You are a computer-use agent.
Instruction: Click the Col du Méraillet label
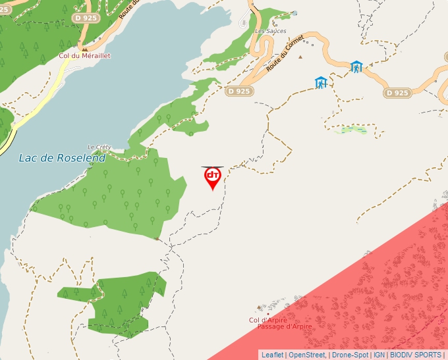pyautogui.click(x=84, y=56)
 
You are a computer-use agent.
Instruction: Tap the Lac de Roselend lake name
pyautogui.click(x=63, y=158)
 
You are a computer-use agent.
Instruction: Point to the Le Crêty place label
pyautogui.click(x=99, y=147)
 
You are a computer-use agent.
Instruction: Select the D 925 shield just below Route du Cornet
pyautogui.click(x=238, y=91)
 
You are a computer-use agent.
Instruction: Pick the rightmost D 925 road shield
pyautogui.click(x=397, y=93)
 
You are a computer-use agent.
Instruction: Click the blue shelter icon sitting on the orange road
pyautogui.click(x=356, y=66)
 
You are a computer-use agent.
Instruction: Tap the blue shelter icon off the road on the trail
pyautogui.click(x=321, y=82)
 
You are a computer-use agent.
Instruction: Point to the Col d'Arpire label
pyautogui.click(x=268, y=320)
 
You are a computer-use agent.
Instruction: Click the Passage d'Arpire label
pyautogui.click(x=285, y=327)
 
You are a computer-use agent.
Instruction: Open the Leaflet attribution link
pyautogui.click(x=272, y=355)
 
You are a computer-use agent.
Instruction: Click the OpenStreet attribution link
pyautogui.click(x=306, y=355)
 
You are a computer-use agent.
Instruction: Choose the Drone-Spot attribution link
pyautogui.click(x=350, y=355)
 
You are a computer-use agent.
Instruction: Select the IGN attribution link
pyautogui.click(x=379, y=355)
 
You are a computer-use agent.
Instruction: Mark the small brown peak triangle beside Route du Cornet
pyautogui.click(x=300, y=57)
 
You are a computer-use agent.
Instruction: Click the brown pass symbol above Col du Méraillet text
pyautogui.click(x=84, y=48)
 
